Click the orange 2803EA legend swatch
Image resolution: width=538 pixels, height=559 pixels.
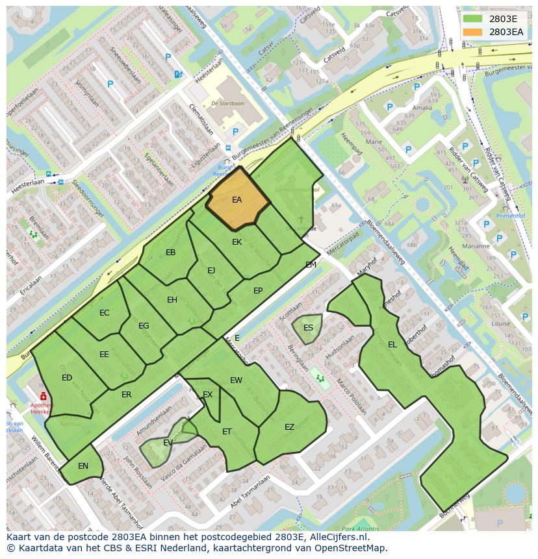(472, 31)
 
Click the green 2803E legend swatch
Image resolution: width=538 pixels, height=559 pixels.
(472, 18)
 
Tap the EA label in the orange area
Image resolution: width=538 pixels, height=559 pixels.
(237, 200)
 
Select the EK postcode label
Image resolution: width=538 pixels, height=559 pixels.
(237, 242)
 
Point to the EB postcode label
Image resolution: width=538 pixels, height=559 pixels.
(170, 253)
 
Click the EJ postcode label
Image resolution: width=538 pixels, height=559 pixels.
(211, 271)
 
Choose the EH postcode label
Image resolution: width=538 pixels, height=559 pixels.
(172, 300)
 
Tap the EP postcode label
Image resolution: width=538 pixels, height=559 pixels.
(258, 291)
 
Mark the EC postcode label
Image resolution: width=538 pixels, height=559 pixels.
(105, 313)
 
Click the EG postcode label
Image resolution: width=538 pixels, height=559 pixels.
(144, 326)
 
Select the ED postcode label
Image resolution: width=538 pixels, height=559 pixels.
(67, 378)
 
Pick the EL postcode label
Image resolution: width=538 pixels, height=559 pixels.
(392, 345)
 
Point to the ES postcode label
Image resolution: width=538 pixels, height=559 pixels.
(308, 327)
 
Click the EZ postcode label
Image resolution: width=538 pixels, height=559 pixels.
(290, 427)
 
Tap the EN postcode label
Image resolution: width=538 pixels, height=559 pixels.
(83, 466)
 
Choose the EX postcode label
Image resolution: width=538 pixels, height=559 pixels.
(208, 395)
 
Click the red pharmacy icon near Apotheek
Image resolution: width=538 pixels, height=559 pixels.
(43, 396)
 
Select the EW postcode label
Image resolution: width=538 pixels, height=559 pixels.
(236, 380)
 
